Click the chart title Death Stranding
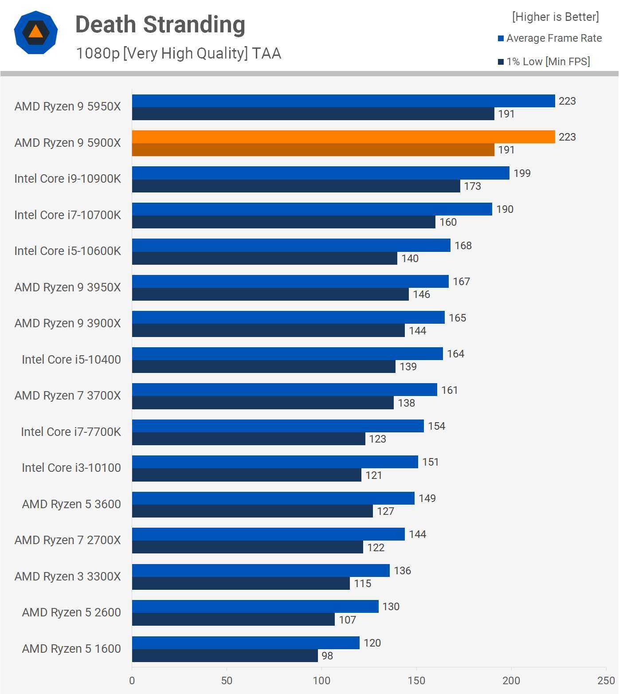pyautogui.click(x=160, y=25)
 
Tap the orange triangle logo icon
pyautogui.click(x=35, y=32)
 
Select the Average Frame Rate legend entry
pyautogui.click(x=550, y=38)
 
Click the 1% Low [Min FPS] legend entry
pyautogui.click(x=544, y=62)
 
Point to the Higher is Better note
pyautogui.click(x=555, y=17)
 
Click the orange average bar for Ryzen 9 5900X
pyautogui.click(x=343, y=137)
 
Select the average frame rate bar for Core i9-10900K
pyautogui.click(x=321, y=173)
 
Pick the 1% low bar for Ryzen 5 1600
pyautogui.click(x=225, y=655)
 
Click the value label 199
pyautogui.click(x=522, y=173)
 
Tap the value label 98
pyautogui.click(x=327, y=656)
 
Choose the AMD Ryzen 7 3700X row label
pyautogui.click(x=67, y=396)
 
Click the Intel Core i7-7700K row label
pyautogui.click(x=71, y=432)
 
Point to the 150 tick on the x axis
pyautogui.click(x=416, y=681)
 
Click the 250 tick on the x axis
pyautogui.click(x=606, y=681)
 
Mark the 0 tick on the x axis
pyautogui.click(x=132, y=681)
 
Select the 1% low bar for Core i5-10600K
pyautogui.click(x=264, y=258)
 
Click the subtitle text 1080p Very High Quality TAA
pyautogui.click(x=178, y=53)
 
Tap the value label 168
pyautogui.click(x=463, y=246)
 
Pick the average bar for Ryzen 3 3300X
pyautogui.click(x=261, y=570)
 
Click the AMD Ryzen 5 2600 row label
pyautogui.click(x=71, y=612)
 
